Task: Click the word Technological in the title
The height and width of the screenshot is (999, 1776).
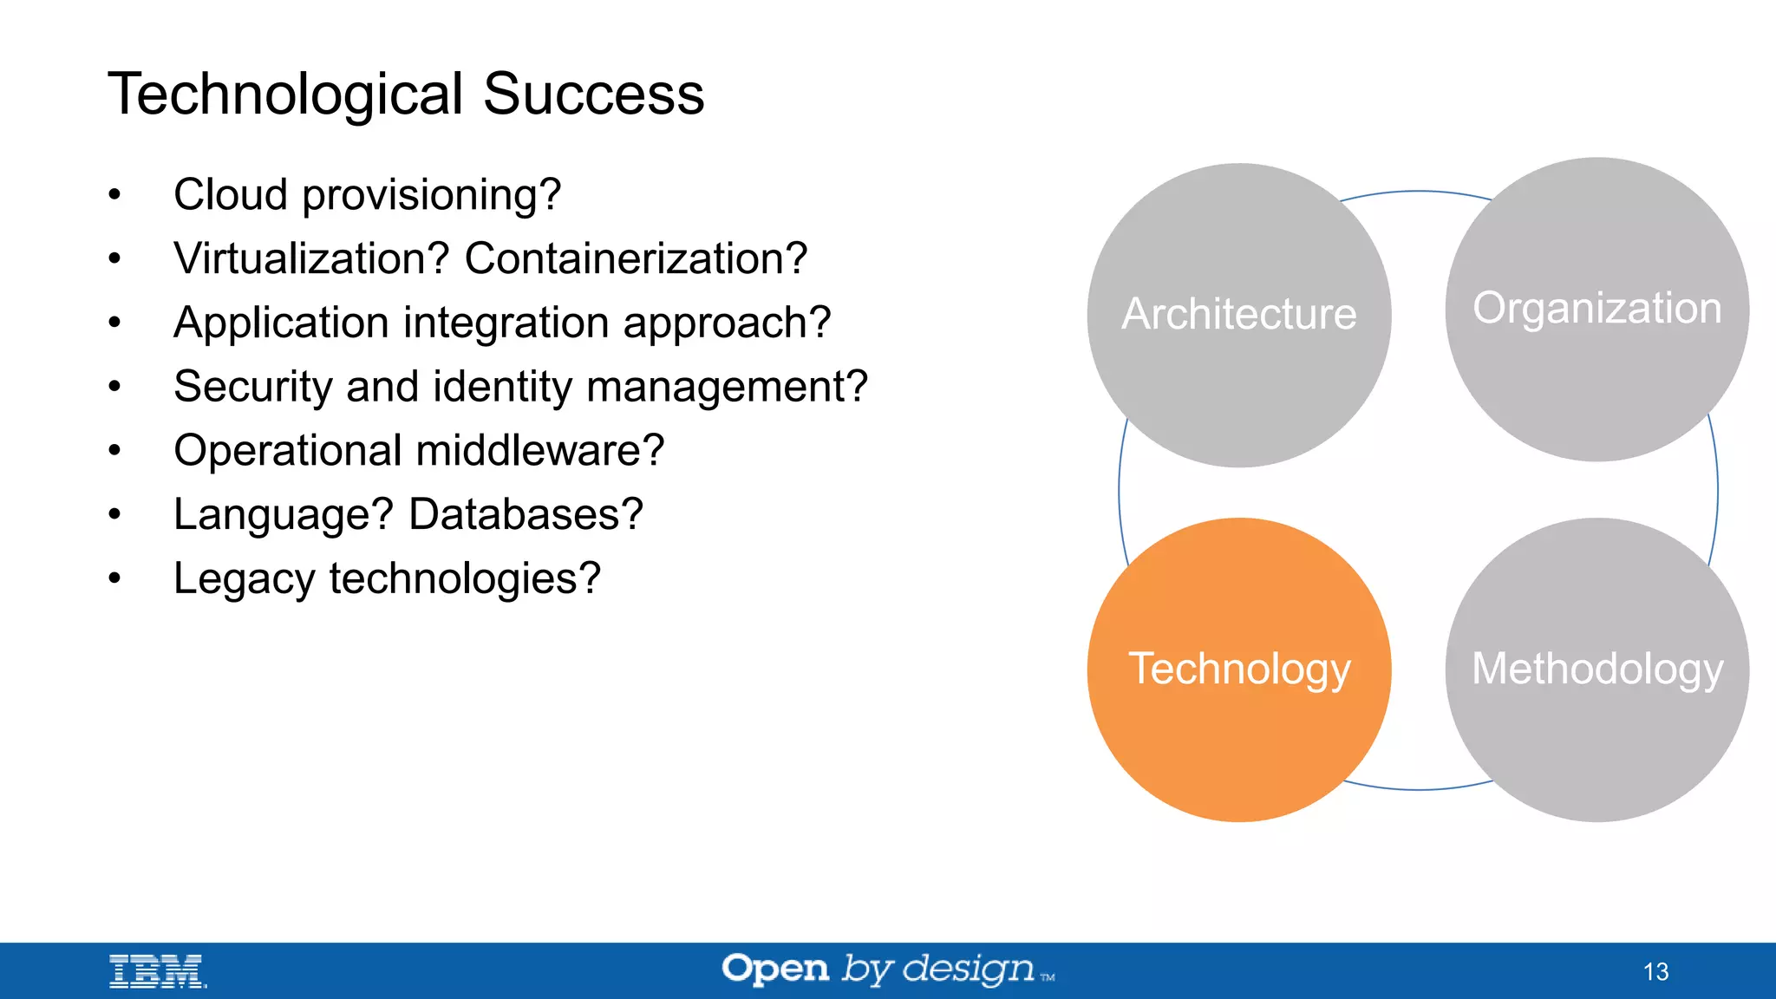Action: coord(285,94)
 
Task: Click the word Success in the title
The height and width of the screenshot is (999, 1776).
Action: coord(593,94)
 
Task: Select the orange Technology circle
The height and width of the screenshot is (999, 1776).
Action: coord(1238,669)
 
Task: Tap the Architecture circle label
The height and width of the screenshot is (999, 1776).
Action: coord(1238,314)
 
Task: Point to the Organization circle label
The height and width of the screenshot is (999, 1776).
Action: coord(1596,308)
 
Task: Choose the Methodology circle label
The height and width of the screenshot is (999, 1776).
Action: coord(1596,669)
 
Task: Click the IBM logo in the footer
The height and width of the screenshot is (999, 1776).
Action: coord(157,971)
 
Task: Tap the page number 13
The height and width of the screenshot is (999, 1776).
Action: coord(1655,971)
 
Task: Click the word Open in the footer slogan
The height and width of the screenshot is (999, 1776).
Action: coord(775,969)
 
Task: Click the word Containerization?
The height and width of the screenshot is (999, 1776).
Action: coord(636,258)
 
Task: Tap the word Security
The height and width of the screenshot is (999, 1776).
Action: coord(252,387)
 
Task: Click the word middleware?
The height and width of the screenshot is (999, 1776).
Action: coord(539,451)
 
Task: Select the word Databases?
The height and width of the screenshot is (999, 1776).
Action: coord(526,514)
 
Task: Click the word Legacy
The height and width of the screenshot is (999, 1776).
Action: coord(244,579)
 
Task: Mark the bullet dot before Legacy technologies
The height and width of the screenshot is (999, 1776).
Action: coord(114,578)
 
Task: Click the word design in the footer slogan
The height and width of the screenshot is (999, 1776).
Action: coord(968,970)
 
